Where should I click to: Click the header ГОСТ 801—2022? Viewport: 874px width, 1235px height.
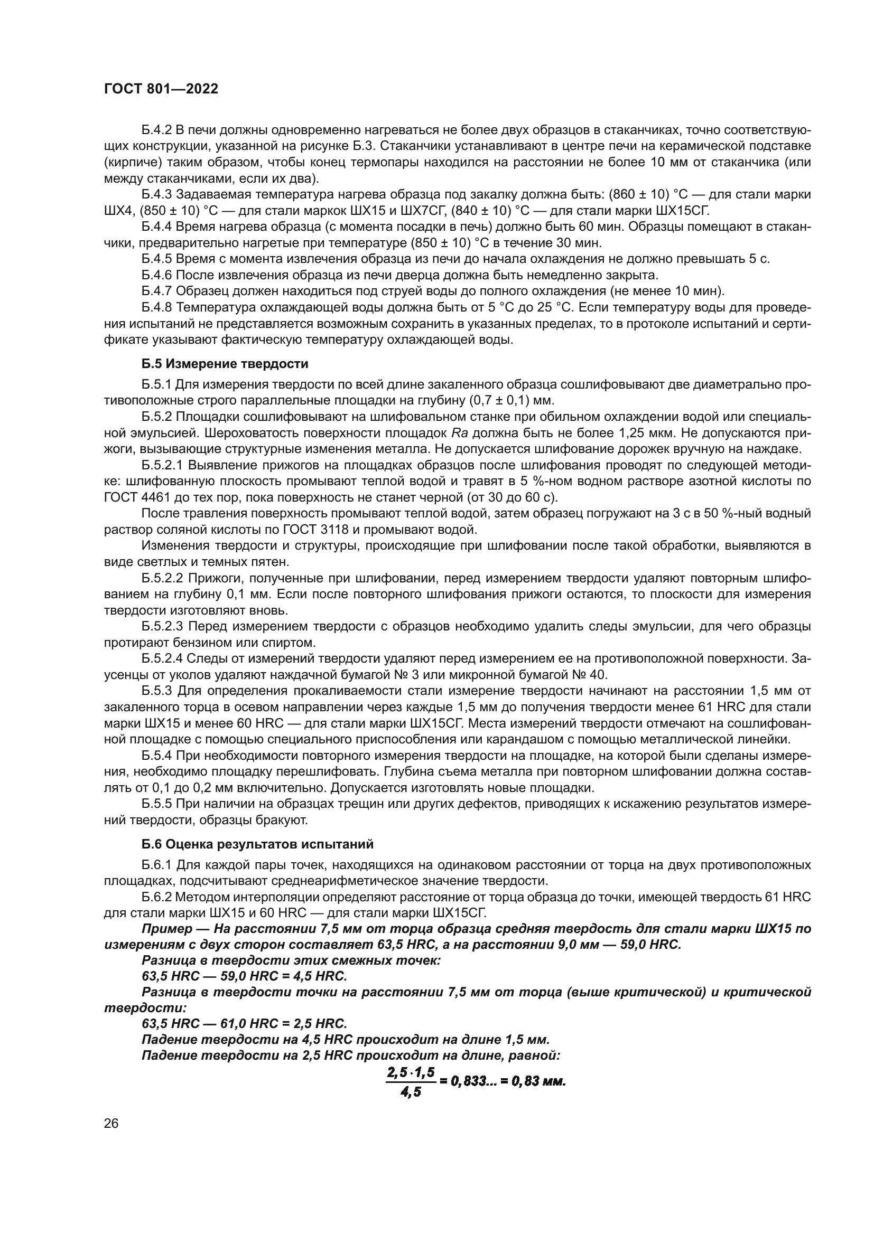161,89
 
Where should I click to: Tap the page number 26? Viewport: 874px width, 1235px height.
111,1123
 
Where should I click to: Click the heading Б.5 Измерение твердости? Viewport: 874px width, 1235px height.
225,364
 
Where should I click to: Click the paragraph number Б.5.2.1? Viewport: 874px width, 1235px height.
163,465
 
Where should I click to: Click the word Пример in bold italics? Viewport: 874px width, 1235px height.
167,929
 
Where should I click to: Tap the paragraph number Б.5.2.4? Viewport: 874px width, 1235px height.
163,659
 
